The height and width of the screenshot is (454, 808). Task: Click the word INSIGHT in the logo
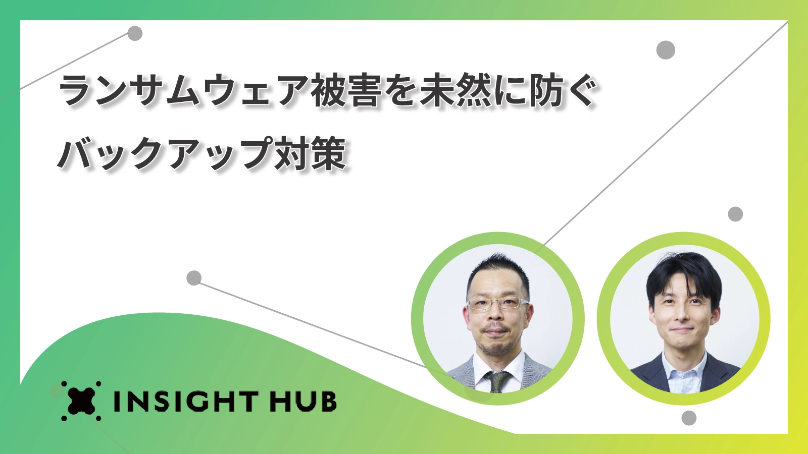[185, 402]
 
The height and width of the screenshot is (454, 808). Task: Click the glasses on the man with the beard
[498, 303]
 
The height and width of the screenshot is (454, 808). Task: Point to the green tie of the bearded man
[498, 381]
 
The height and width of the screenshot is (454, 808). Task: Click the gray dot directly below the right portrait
[689, 418]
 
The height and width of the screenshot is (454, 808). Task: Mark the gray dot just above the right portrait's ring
[735, 214]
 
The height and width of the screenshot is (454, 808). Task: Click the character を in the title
[401, 91]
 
